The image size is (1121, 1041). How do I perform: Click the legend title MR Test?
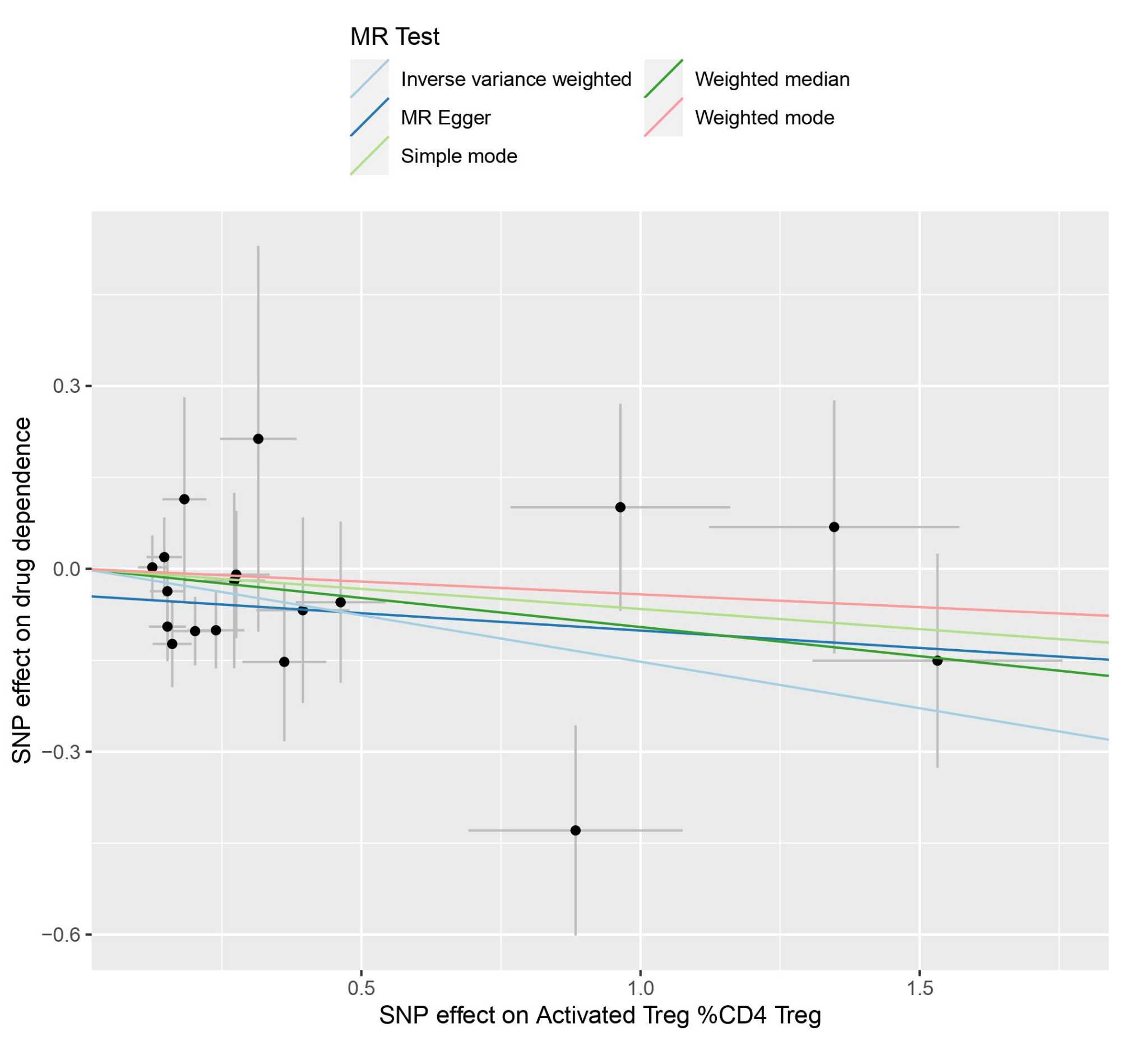[395, 36]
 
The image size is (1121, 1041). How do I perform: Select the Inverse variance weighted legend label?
[516, 80]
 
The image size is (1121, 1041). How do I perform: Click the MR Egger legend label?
[445, 118]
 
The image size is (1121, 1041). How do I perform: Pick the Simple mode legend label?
[458, 156]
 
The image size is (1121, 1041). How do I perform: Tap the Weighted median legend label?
[772, 80]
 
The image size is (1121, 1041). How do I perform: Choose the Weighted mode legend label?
[764, 118]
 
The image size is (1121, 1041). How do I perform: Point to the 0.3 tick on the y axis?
[66, 386]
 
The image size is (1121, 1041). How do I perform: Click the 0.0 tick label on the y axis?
[66, 569]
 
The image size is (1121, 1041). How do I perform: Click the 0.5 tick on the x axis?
[361, 989]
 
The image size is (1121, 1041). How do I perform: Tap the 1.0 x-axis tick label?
[641, 989]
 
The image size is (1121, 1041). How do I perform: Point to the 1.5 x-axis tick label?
[919, 989]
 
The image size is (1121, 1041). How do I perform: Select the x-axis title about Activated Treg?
[600, 1016]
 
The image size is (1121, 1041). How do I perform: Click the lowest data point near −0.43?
[575, 830]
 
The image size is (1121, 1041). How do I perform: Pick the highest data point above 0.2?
[258, 439]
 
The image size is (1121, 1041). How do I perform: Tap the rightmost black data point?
[937, 661]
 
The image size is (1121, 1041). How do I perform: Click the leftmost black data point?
[152, 567]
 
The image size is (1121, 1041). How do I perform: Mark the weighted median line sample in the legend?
[663, 79]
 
